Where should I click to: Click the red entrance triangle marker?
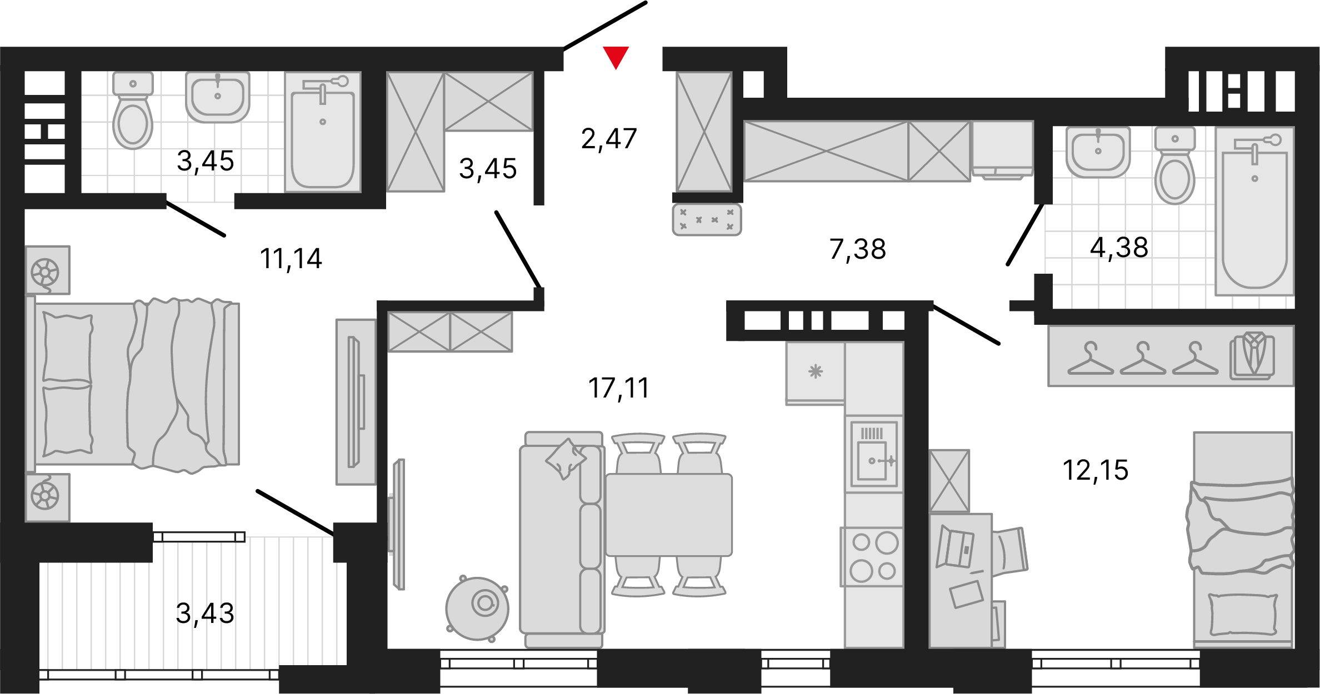click(x=616, y=57)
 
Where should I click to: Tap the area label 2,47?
click(x=609, y=139)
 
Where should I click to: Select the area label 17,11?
click(x=618, y=388)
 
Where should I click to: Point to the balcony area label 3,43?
click(x=205, y=613)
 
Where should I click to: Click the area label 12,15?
click(x=1095, y=470)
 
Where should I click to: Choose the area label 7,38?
click(x=857, y=249)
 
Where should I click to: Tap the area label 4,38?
click(x=1119, y=247)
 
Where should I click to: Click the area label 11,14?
click(x=291, y=259)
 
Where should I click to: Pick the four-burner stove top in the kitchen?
click(x=873, y=556)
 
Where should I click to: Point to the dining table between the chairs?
click(x=669, y=515)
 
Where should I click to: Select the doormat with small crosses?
click(x=707, y=219)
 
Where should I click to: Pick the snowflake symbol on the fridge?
click(x=815, y=371)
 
